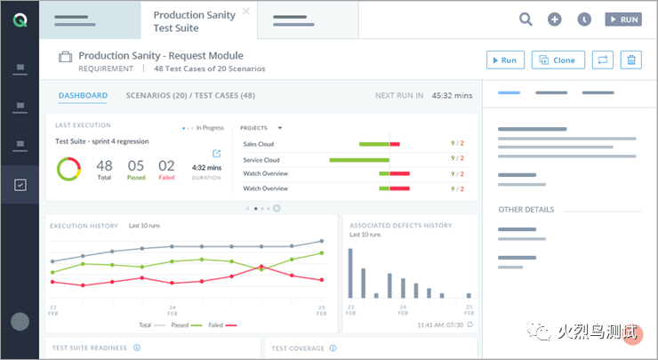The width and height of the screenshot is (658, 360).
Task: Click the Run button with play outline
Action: click(505, 60)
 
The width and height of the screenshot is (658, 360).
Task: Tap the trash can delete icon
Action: click(631, 60)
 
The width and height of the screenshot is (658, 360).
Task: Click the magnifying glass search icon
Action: click(526, 19)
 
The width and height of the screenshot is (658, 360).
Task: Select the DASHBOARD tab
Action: click(83, 95)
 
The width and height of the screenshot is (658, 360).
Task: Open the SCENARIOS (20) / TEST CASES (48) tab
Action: click(190, 95)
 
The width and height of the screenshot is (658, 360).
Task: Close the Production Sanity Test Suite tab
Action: click(245, 12)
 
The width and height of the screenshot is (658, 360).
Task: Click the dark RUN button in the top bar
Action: click(622, 19)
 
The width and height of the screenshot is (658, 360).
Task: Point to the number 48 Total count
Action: click(104, 166)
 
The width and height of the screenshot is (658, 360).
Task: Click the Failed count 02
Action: click(166, 166)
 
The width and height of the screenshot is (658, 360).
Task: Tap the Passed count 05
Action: click(135, 166)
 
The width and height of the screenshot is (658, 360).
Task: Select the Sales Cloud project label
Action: click(258, 144)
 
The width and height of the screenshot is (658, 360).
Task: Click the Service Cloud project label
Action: click(261, 160)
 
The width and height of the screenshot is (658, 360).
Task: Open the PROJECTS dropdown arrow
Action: click(280, 128)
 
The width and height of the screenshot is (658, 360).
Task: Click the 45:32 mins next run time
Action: click(452, 95)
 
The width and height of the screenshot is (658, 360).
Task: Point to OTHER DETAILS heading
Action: click(526, 210)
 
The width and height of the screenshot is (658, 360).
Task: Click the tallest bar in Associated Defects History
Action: click(350, 273)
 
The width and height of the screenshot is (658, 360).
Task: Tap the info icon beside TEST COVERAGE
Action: click(333, 348)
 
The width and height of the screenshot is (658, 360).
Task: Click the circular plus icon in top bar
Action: click(555, 19)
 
